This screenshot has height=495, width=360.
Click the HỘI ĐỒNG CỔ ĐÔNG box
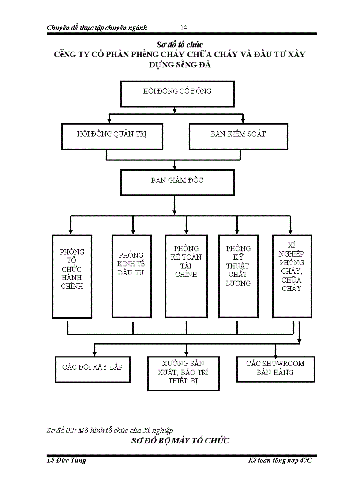(x=177, y=93)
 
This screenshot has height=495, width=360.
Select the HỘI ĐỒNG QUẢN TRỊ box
(x=112, y=136)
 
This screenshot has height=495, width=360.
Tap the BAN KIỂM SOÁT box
(x=238, y=136)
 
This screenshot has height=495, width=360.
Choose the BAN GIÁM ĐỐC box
(x=177, y=182)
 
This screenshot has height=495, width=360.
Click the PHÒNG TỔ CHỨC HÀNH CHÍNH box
(x=72, y=276)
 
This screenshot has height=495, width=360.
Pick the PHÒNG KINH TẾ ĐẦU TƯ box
(x=131, y=276)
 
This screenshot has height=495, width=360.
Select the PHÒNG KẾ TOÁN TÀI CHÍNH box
(x=186, y=276)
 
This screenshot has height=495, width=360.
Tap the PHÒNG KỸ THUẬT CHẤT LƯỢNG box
(x=238, y=276)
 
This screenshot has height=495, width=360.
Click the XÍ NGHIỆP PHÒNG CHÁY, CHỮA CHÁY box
(x=292, y=276)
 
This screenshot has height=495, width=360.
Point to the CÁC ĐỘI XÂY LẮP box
(x=93, y=368)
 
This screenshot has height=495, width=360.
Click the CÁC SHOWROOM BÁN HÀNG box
(x=275, y=369)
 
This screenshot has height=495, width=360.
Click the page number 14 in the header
(x=184, y=28)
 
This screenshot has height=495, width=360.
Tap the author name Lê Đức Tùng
(x=66, y=461)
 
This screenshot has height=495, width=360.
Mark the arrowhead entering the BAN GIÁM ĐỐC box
(x=175, y=167)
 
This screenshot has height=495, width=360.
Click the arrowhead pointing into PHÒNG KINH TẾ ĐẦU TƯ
(x=132, y=231)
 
